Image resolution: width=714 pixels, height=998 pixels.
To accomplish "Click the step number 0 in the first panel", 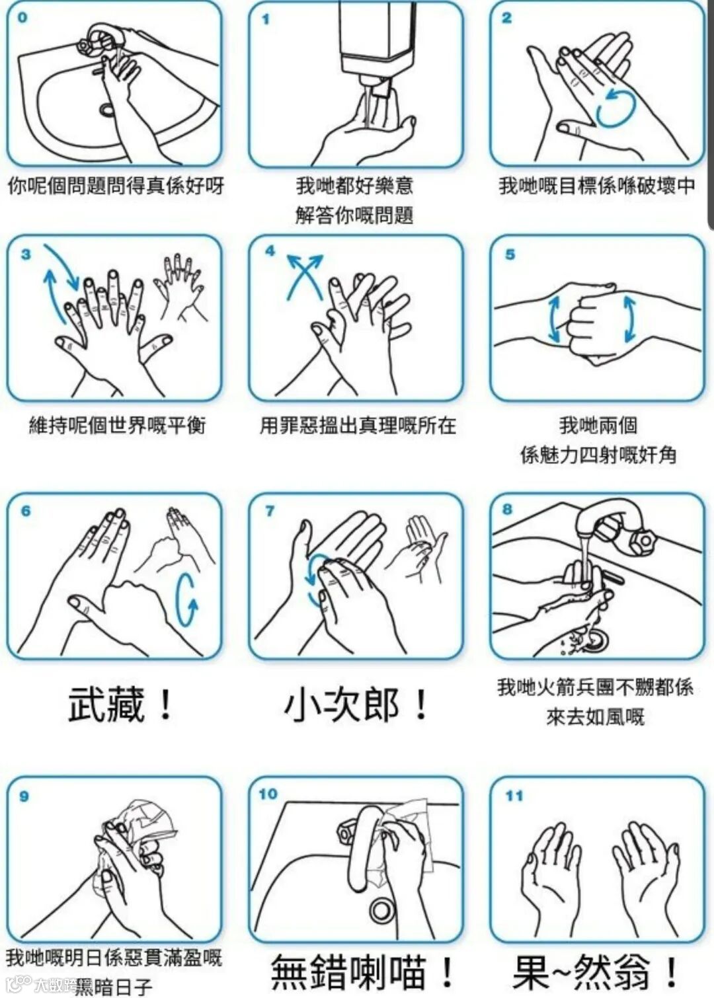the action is pos(22,18).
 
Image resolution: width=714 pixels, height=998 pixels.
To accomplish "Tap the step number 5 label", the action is pos(510,254).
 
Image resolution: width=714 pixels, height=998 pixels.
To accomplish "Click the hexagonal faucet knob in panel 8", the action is pos(643,541).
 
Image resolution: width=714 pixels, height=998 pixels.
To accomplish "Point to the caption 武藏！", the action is pos(120,705).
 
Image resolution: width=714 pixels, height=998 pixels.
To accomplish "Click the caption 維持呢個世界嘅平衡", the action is pos(118,426).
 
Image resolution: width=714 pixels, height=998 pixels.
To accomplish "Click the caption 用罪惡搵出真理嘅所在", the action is pos(358,426).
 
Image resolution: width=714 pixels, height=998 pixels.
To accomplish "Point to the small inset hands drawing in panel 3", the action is pos(180,288).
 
